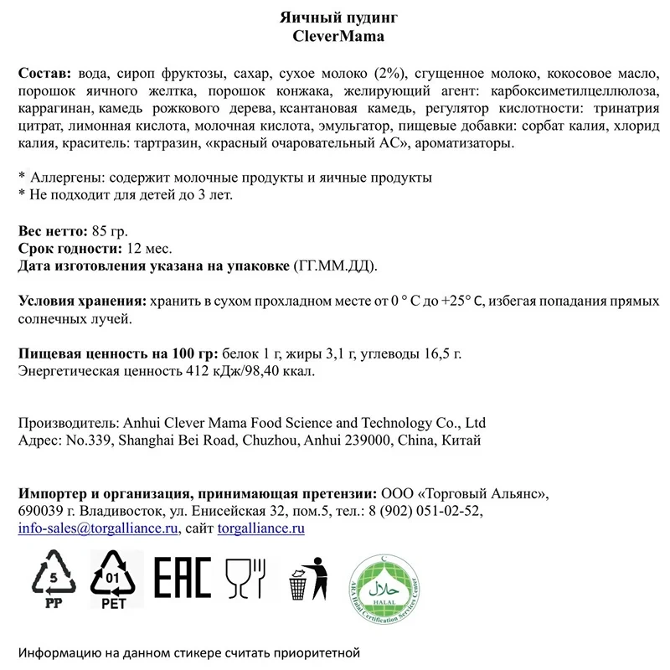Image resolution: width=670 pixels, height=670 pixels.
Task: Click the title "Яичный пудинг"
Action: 334,18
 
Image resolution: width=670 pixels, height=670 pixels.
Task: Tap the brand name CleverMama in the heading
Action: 334,36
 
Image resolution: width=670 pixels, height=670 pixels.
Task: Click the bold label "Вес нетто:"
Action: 51,231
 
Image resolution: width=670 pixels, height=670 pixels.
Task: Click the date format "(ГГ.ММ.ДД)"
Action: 334,266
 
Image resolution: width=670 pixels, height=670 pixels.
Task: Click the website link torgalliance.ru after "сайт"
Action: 260,528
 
